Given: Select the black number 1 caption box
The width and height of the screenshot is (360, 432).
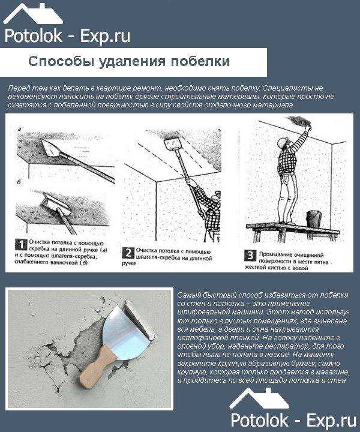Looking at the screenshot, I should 19,244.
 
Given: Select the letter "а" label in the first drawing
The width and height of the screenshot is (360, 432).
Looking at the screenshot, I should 19,129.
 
